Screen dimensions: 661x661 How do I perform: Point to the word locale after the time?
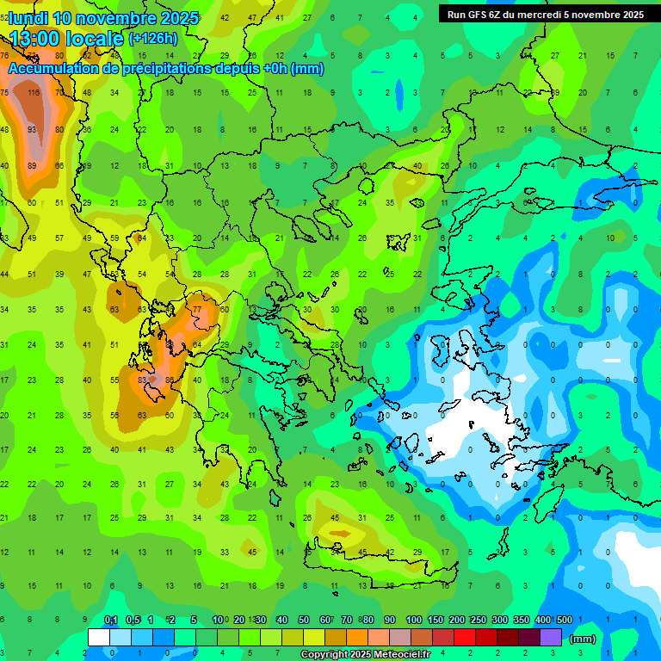96,39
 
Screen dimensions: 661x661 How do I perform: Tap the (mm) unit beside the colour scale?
583,639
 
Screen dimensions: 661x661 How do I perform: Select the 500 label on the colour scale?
564,620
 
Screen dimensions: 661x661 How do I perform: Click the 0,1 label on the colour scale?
111,620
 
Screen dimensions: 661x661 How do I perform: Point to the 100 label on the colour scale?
414,620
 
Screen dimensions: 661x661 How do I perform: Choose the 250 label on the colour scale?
478,620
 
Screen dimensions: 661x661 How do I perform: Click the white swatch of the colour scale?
99,638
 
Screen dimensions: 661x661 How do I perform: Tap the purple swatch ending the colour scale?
551,638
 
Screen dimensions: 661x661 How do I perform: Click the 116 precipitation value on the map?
34,92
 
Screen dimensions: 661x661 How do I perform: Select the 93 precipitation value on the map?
32,129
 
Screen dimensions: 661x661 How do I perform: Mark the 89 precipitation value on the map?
32,166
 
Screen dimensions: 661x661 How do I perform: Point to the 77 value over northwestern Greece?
197,309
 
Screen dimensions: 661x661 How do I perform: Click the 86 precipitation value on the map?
170,379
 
